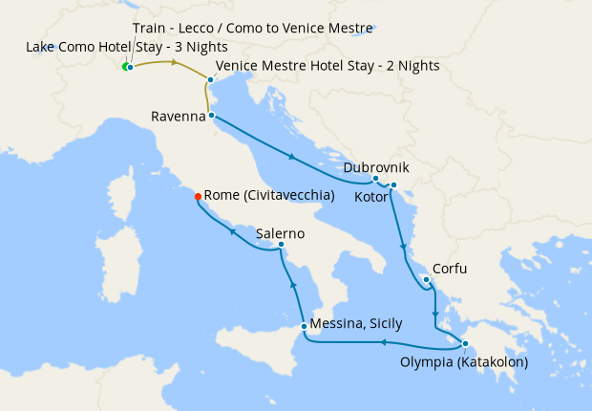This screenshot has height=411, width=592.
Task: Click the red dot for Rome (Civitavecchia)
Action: pyautogui.click(x=198, y=196)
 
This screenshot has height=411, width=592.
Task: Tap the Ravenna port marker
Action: pyautogui.click(x=211, y=117)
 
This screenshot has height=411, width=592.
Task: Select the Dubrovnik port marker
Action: pyautogui.click(x=375, y=179)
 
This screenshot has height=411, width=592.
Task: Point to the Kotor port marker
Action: pyautogui.click(x=392, y=185)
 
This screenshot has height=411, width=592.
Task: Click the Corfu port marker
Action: pyautogui.click(x=425, y=280)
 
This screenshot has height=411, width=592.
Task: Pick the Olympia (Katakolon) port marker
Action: pyautogui.click(x=465, y=344)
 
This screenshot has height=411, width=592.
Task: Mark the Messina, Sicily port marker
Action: pyautogui.click(x=304, y=326)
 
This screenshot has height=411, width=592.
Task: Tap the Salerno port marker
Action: pyautogui.click(x=281, y=245)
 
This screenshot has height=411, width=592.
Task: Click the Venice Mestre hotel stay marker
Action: pyautogui.click(x=210, y=80)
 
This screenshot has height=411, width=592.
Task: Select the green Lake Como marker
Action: pyautogui.click(x=124, y=66)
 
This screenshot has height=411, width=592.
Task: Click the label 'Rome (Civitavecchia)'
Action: pyautogui.click(x=269, y=195)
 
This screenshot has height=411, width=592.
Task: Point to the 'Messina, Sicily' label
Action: pyautogui.click(x=359, y=325)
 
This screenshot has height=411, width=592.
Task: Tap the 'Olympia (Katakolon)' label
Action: pyautogui.click(x=465, y=362)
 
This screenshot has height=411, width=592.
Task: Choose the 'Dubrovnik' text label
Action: pyautogui.click(x=375, y=166)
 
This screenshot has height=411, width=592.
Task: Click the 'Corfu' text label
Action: pyautogui.click(x=450, y=269)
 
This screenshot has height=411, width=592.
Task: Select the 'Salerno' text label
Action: pyautogui.click(x=280, y=233)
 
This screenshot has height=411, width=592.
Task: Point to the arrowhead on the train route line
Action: pyautogui.click(x=175, y=63)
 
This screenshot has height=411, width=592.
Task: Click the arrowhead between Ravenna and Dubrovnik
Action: pyautogui.click(x=291, y=157)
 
